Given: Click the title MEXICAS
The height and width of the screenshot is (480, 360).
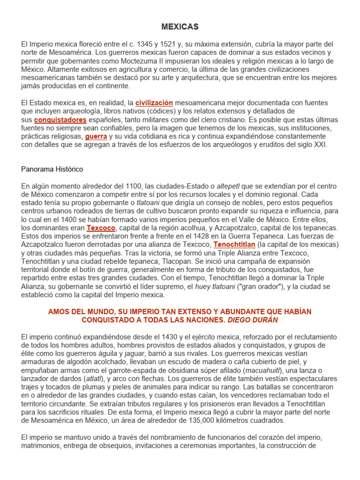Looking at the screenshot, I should point(180,27).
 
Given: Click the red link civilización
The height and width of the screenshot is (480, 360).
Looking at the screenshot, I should point(154,103).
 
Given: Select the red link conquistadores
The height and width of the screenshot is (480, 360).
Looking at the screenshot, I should point(60,120).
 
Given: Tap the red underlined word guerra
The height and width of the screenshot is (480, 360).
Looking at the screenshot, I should point(96,137).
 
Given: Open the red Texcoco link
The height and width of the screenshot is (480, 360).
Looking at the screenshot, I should point(101,228).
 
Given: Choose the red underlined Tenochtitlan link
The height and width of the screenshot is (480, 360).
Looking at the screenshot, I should point(234,245).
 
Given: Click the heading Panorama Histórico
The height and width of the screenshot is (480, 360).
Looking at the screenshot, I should point(52,169).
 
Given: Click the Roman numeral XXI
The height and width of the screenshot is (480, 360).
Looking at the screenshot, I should point(320,145).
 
